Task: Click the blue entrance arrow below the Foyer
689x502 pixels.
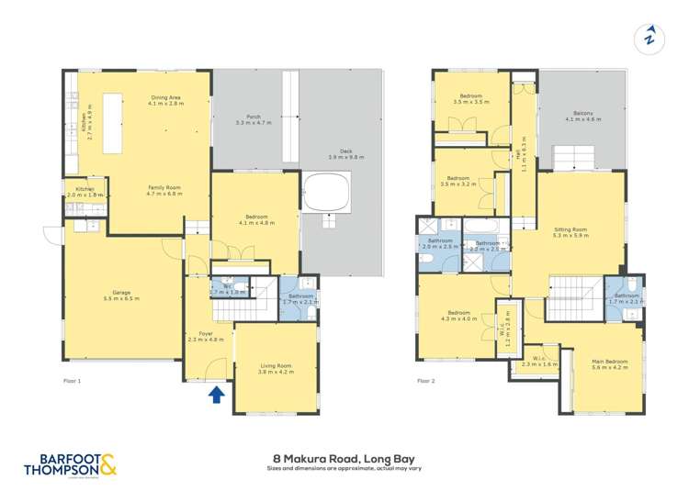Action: tap(216, 395)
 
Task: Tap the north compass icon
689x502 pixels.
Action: tap(649, 38)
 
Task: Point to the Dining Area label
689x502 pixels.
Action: tap(165, 101)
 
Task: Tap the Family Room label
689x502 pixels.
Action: tap(165, 191)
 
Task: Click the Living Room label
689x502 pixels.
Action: tap(275, 370)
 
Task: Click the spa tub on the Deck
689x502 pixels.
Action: tap(327, 193)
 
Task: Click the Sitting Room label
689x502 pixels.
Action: tap(570, 232)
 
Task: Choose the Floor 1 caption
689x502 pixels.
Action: tap(73, 380)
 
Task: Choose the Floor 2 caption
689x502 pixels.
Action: tap(426, 380)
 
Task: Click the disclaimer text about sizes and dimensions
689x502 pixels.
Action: tap(344, 468)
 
